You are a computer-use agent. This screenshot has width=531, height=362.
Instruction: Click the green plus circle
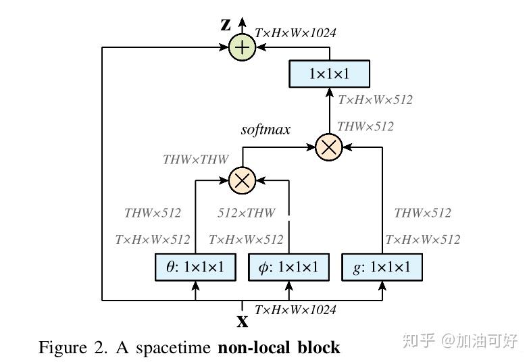coord(241,47)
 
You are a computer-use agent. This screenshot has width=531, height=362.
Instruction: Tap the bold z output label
coord(226,25)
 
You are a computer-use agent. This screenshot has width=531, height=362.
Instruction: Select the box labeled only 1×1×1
coord(329,74)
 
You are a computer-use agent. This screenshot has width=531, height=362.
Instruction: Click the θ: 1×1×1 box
coord(195,267)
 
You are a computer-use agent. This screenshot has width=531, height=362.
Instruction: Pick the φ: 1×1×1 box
coord(288,267)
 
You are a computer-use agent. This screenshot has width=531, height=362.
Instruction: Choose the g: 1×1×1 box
coord(382,267)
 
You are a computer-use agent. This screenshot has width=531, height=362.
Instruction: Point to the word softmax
coord(265,129)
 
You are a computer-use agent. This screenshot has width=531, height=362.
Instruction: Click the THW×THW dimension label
coord(195,160)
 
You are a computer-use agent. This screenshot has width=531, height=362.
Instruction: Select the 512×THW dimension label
coord(246,213)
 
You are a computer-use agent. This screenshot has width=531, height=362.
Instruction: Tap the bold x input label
coord(242,321)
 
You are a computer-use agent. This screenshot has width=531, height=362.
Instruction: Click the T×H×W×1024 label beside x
coord(295,310)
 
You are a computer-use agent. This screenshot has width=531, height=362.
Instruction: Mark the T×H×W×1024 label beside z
coord(295,32)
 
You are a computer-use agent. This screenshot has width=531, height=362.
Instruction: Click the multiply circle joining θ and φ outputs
coord(241,180)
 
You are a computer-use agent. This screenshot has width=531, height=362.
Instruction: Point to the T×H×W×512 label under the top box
coord(375,100)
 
